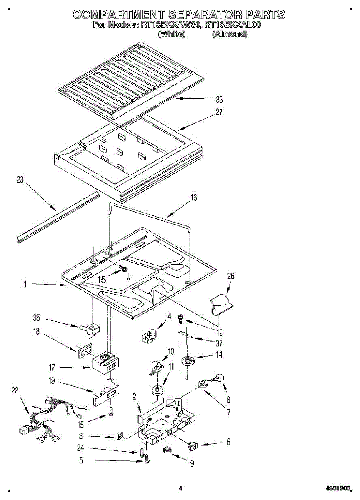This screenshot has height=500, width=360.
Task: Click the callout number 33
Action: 219,100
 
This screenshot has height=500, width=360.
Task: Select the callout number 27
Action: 219,112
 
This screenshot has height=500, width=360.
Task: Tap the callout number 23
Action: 20,180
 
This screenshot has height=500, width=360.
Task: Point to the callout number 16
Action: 193,198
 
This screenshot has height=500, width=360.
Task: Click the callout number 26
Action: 230,276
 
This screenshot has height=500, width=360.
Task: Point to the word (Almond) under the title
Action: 230,34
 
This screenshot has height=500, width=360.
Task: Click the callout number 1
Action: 25,285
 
